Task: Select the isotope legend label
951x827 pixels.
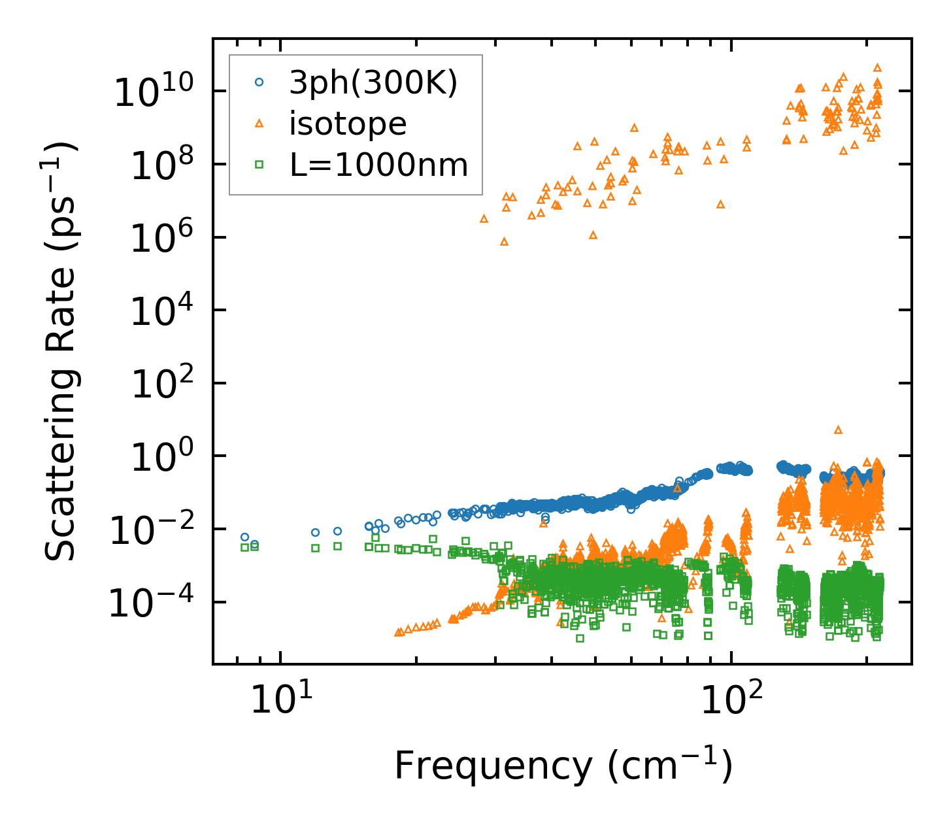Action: pyautogui.click(x=348, y=124)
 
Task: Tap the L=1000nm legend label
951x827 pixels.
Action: pyautogui.click(x=379, y=165)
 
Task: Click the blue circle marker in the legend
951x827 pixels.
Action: pyautogui.click(x=259, y=82)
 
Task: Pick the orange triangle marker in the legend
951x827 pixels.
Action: pyautogui.click(x=259, y=123)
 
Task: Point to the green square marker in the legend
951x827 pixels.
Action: pyautogui.click(x=259, y=165)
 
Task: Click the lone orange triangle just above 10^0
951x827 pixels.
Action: pyautogui.click(x=838, y=430)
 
